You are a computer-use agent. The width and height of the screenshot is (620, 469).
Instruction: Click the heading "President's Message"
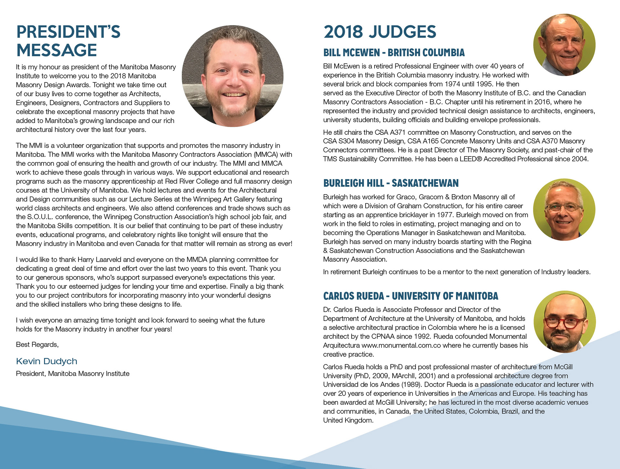[68, 41]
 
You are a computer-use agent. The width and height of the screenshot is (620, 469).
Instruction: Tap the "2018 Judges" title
[380, 32]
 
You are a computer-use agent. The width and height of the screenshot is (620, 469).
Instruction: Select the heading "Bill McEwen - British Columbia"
[394, 53]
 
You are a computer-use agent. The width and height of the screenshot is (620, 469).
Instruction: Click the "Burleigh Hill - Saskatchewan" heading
[391, 183]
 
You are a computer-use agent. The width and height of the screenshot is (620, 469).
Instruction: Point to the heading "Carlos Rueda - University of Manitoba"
[410, 296]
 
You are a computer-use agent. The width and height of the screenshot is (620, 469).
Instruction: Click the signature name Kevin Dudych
[46, 361]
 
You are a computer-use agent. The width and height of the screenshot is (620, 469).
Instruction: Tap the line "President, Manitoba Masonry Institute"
[73, 374]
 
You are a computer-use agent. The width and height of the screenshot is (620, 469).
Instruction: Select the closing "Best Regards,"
[37, 345]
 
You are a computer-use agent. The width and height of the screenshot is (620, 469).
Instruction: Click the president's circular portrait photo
[232, 76]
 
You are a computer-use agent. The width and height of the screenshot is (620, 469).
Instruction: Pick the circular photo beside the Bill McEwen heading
[564, 45]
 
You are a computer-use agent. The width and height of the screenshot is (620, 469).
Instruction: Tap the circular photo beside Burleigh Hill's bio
[564, 210]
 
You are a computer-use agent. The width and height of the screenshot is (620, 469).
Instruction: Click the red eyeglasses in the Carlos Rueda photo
[564, 323]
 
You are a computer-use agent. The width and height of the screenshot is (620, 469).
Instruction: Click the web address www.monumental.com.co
[401, 346]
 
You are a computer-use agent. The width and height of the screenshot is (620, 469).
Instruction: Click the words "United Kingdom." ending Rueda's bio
[348, 421]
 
